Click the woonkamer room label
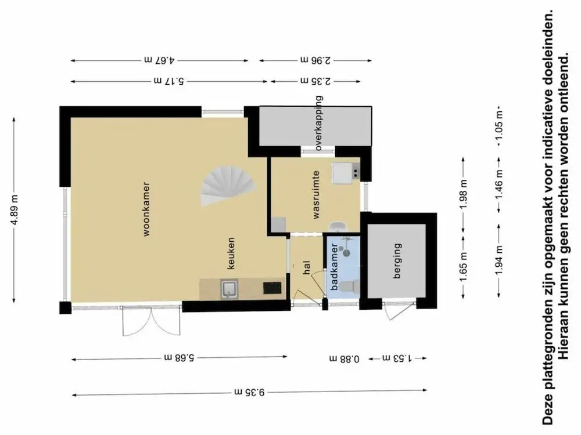pos(147,209)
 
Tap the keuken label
pos(231,253)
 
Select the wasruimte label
pos(315,194)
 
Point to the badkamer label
pos(333,266)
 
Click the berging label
pos(397,260)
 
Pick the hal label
pos(306,267)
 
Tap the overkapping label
pos(318,123)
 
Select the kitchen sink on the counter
pos(230,289)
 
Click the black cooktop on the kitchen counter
pos(272,288)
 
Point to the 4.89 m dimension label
pos(14,210)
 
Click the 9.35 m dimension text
pos(249,391)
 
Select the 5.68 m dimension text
pos(180,358)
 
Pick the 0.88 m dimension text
pos(344,358)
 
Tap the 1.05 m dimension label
pos(500,125)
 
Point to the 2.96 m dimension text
pos(315,60)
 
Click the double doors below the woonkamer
pos(152,321)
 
